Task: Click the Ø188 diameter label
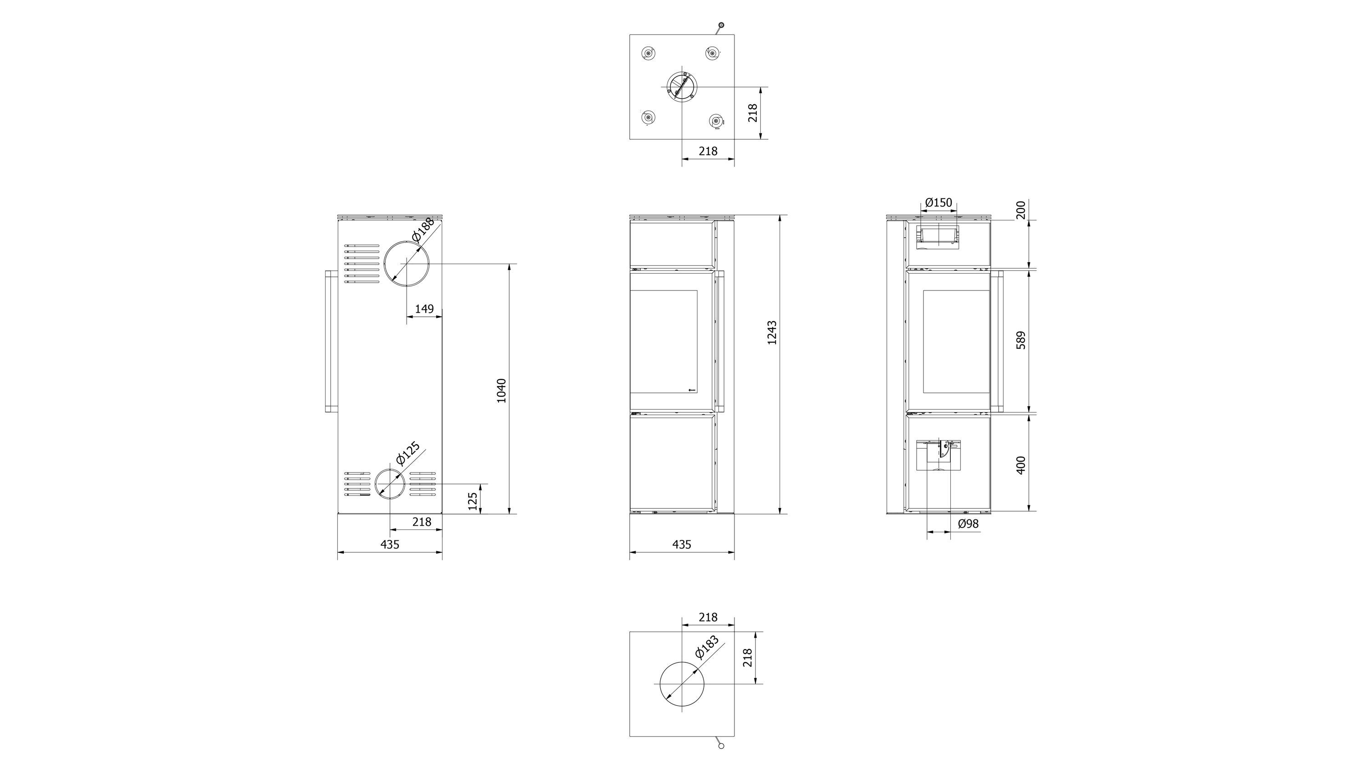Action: tap(423, 229)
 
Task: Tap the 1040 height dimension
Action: tap(501, 390)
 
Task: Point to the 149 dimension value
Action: tap(424, 309)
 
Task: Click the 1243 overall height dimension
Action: tap(772, 333)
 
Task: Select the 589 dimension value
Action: tap(1021, 340)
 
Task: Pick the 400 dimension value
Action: tap(1021, 465)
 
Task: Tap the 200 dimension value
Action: tap(1021, 210)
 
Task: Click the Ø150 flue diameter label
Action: tap(938, 203)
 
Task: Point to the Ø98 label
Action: tap(968, 524)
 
